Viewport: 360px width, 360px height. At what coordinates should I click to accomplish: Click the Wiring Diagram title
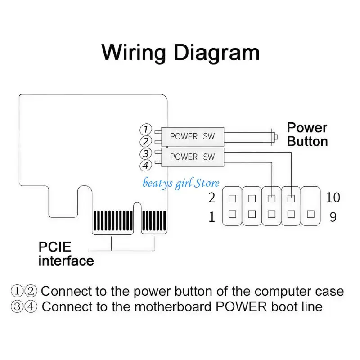pyautogui.click(x=180, y=53)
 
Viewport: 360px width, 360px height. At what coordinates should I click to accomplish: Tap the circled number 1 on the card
pyautogui.click(x=146, y=129)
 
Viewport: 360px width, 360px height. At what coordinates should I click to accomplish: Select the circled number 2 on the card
pyautogui.click(x=146, y=141)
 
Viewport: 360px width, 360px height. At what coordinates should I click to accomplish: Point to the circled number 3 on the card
pyautogui.click(x=146, y=153)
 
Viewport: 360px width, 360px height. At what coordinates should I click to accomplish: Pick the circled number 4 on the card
pyautogui.click(x=146, y=166)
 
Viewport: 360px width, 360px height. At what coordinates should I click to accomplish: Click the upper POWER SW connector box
pyautogui.click(x=193, y=136)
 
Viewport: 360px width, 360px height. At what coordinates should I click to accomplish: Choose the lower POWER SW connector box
pyautogui.click(x=193, y=157)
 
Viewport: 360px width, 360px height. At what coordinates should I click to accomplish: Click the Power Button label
pyautogui.click(x=307, y=134)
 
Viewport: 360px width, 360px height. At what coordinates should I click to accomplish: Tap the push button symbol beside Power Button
pyautogui.click(x=274, y=137)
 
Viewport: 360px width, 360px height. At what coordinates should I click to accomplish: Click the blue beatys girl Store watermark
pyautogui.click(x=181, y=184)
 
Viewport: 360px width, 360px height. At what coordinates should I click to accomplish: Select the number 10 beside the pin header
pyautogui.click(x=333, y=197)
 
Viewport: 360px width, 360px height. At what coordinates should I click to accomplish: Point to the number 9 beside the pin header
pyautogui.click(x=333, y=217)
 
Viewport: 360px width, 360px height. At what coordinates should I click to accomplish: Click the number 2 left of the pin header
pyautogui.click(x=211, y=198)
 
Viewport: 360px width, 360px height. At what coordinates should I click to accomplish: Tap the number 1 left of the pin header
pyautogui.click(x=211, y=217)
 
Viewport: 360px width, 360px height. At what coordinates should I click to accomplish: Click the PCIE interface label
pyautogui.click(x=66, y=254)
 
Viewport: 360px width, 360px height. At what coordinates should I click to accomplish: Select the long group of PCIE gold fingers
pyautogui.click(x=113, y=220)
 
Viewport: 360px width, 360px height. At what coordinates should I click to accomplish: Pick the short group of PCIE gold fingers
pyautogui.click(x=154, y=220)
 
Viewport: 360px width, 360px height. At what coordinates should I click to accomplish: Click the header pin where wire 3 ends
pyautogui.click(x=291, y=198)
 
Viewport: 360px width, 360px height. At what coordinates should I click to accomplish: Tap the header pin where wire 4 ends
pyautogui.click(x=272, y=198)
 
